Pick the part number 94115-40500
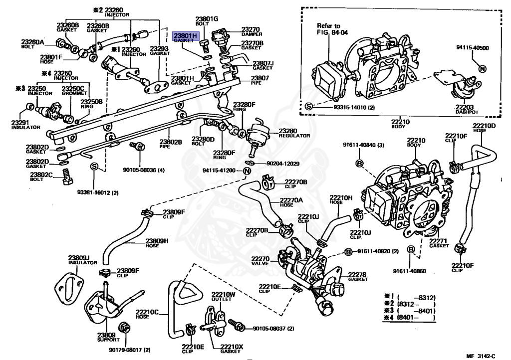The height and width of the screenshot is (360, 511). (x=472, y=48)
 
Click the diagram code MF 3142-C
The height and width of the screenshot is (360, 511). (x=481, y=355)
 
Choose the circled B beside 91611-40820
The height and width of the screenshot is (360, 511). (x=349, y=251)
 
